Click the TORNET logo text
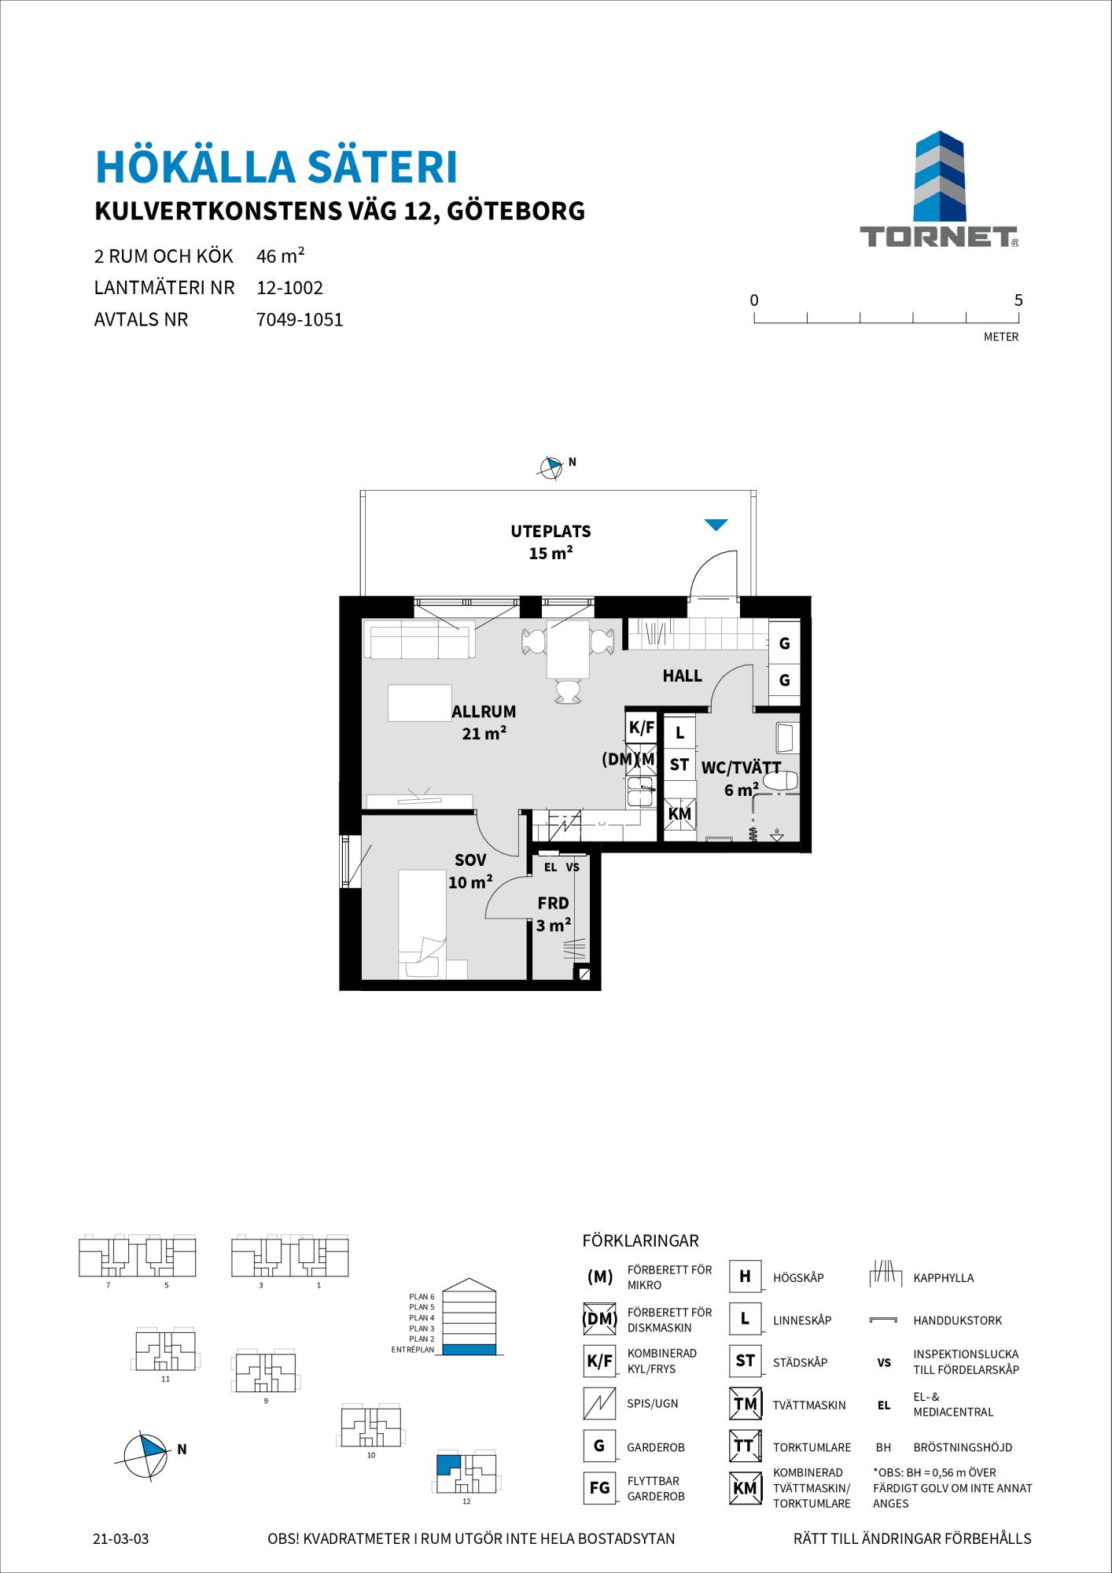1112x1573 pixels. [x=938, y=237]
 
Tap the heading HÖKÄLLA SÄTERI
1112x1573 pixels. [x=276, y=166]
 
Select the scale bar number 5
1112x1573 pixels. [x=1018, y=300]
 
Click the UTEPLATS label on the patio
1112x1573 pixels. [x=550, y=531]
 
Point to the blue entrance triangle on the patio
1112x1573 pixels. [x=716, y=525]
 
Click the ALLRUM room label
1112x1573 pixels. [x=484, y=711]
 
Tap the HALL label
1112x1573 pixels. [x=682, y=676]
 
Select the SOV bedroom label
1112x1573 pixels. [x=470, y=860]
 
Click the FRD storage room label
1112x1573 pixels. [x=553, y=904]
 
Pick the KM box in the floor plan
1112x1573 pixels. [x=679, y=814]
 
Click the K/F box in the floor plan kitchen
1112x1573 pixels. [x=642, y=728]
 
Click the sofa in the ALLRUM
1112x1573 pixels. [x=419, y=639]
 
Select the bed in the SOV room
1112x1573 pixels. [x=422, y=924]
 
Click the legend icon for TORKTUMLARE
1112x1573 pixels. [x=744, y=1446]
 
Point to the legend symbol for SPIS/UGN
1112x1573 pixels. [x=599, y=1403]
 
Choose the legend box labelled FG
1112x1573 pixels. [x=599, y=1488]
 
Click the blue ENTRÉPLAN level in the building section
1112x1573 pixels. [x=469, y=1350]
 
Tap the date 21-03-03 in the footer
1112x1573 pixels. [x=120, y=1538]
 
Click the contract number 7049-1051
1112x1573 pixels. [x=300, y=320]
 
